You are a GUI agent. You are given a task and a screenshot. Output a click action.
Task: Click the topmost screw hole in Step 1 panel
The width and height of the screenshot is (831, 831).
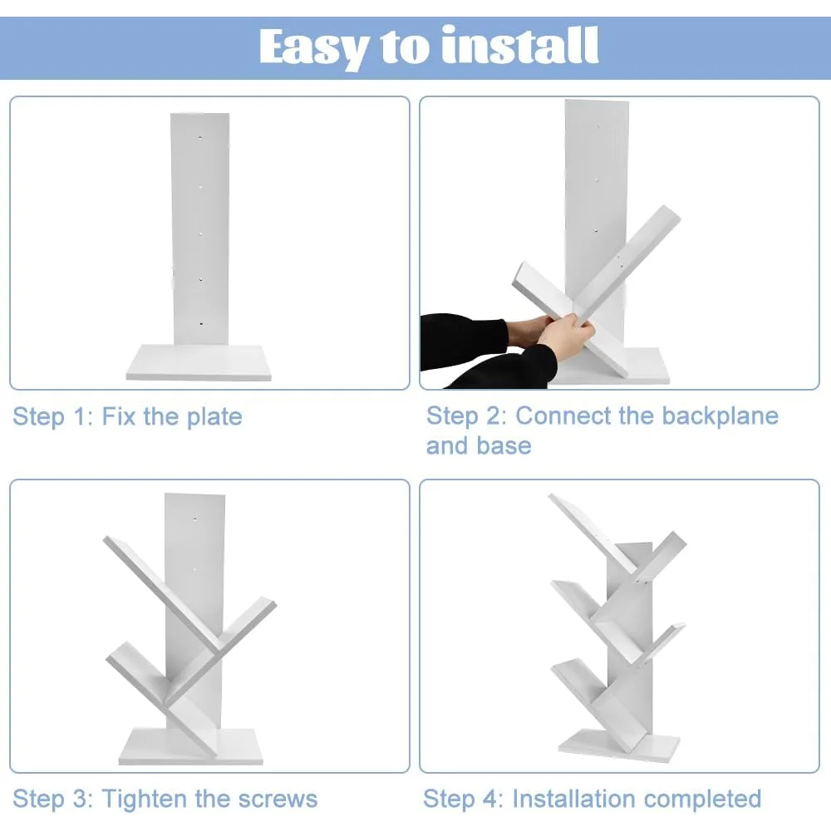pos(200,137)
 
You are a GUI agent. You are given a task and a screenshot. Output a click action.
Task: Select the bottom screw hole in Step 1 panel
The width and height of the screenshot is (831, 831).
pos(201,322)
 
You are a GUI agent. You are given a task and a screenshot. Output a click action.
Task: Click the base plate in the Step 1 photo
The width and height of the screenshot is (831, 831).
pos(199,362)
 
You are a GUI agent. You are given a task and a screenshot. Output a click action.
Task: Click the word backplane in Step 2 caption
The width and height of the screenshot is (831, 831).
pos(720,416)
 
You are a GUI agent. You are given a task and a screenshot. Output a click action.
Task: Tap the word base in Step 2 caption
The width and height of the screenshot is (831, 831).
pos(504,445)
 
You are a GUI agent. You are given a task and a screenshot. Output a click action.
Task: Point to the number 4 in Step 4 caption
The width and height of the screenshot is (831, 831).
pos(489,799)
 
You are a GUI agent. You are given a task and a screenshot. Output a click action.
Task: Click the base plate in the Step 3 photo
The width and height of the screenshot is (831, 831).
pos(191,746)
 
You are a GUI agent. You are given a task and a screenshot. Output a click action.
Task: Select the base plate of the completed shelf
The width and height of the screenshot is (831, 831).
pos(618,745)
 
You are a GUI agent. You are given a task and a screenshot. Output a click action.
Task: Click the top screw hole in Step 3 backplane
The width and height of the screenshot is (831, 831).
pos(195,519)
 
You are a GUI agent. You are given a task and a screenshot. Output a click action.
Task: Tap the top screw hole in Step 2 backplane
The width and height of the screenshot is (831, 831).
pos(597,127)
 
